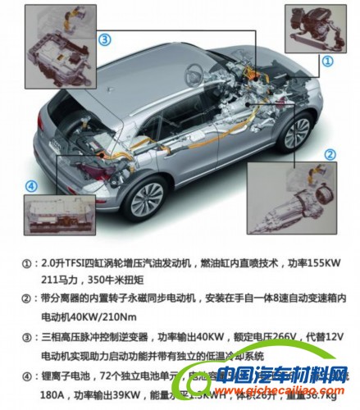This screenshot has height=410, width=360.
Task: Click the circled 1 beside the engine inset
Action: (x=326, y=61)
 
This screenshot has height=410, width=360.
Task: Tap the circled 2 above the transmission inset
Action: (x=330, y=154)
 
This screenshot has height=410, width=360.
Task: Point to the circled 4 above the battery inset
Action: (x=32, y=186)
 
